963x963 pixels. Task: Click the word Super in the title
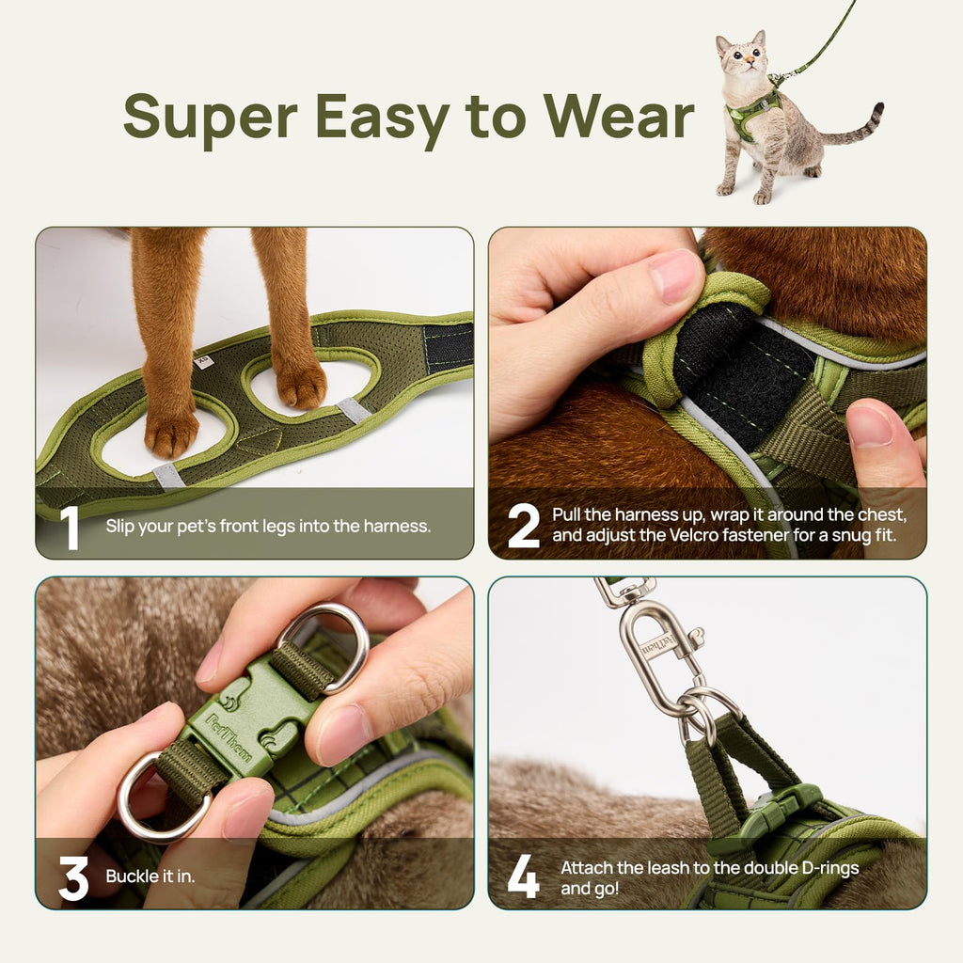[210, 117]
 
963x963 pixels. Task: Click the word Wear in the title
[618, 117]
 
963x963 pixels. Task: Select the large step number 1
[70, 528]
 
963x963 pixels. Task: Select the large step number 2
[524, 527]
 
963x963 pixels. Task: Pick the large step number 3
[73, 878]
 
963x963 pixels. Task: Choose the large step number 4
[524, 878]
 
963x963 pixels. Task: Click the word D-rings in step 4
[828, 868]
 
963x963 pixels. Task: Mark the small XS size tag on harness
[201, 359]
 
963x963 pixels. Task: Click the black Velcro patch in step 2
[743, 376]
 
